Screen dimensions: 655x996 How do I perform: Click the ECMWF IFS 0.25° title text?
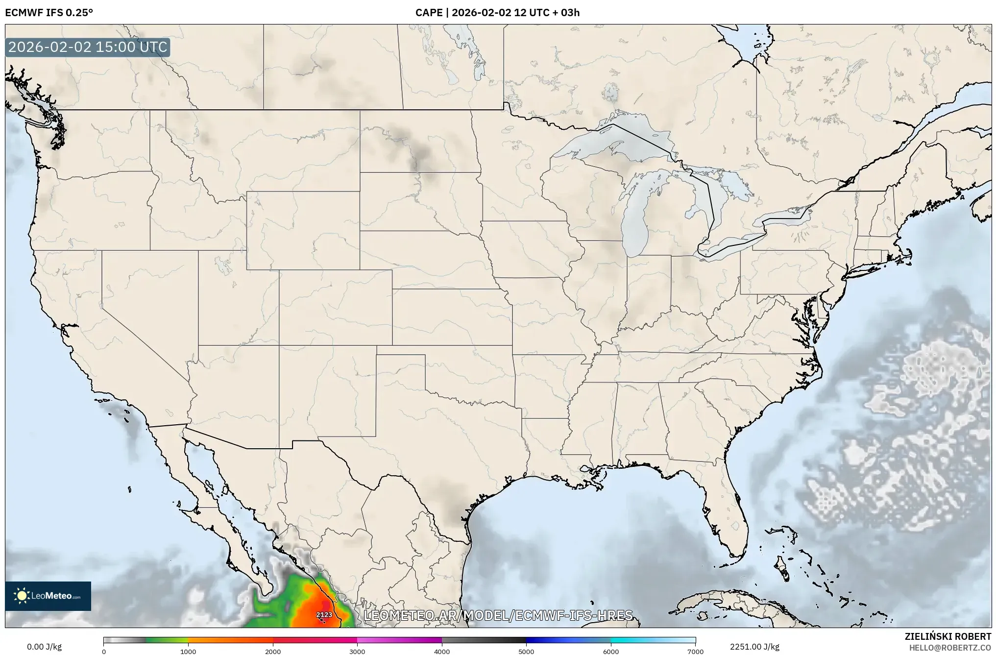coord(49,13)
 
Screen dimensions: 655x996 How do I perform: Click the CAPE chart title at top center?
coord(497,13)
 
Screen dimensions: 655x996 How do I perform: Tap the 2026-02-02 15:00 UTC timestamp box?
coord(88,48)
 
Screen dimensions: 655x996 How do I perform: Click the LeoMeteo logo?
coord(48,596)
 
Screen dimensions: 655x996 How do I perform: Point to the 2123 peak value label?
coord(324,615)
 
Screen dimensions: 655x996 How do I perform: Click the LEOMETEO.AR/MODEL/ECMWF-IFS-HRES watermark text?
coord(498,615)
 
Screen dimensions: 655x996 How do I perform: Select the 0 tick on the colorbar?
coord(104,652)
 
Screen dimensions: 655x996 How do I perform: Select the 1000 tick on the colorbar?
coord(188,652)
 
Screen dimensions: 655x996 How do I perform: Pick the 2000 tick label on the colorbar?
coord(273,652)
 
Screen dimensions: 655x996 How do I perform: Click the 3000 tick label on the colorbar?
coord(357,652)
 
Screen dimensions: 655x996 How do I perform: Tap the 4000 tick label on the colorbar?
coord(442,652)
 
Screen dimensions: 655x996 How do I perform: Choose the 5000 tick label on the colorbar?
coord(526,652)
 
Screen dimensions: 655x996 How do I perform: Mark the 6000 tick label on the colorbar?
coord(611,652)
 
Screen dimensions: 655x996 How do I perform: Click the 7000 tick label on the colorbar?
coord(695,652)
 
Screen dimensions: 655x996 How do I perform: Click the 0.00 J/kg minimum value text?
coord(45,647)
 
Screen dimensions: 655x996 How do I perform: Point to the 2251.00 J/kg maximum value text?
coord(754,647)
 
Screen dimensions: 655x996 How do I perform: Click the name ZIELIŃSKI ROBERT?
coord(947,636)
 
